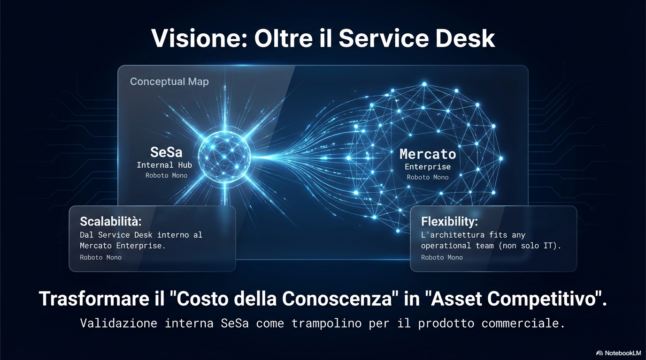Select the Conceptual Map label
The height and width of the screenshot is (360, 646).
click(x=169, y=82)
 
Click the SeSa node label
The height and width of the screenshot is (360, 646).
click(x=166, y=152)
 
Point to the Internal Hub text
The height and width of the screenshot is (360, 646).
click(x=164, y=165)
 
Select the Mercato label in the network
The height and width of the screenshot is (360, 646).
click(x=427, y=154)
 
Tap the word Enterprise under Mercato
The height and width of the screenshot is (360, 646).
click(x=427, y=167)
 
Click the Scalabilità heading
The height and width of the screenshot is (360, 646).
click(x=110, y=221)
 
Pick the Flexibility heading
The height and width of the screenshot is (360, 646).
click(x=449, y=221)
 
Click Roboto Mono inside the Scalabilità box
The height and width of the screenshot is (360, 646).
click(x=100, y=257)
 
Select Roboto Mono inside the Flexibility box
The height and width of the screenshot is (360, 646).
click(x=441, y=257)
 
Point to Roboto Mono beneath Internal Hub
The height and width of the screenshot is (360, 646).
click(x=166, y=176)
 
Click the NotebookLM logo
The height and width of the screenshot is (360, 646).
click(x=618, y=352)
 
